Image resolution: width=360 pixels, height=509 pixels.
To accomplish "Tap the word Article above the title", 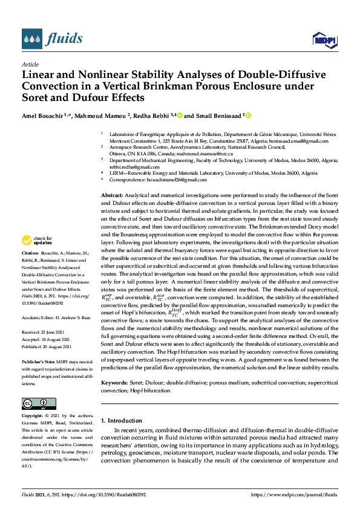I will (x=30, y=64).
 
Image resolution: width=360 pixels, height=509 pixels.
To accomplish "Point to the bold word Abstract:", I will (x=111, y=196).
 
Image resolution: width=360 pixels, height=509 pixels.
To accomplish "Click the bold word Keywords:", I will (x=114, y=383).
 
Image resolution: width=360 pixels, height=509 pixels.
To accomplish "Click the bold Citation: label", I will (x=30, y=268).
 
